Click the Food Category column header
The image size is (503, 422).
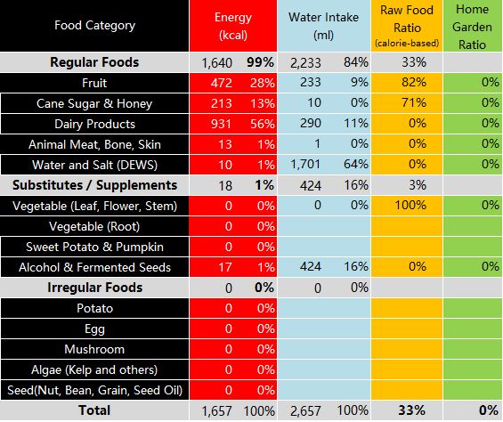(x=94, y=25)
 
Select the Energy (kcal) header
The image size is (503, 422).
(x=233, y=26)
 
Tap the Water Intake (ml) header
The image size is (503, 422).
(x=323, y=26)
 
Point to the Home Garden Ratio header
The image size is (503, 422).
(x=472, y=27)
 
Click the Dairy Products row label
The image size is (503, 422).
(x=94, y=124)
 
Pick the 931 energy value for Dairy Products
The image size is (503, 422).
(x=221, y=124)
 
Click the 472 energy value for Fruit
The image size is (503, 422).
(x=222, y=83)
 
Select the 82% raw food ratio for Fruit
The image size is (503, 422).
(x=414, y=83)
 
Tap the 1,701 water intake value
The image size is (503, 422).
(x=305, y=165)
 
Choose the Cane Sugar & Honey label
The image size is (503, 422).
(x=94, y=103)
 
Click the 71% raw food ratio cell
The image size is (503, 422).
(x=414, y=102)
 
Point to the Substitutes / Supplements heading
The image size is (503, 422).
(x=94, y=185)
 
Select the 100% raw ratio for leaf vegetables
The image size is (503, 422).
(x=410, y=205)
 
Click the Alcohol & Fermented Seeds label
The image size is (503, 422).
(x=94, y=267)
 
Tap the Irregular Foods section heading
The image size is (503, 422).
(x=94, y=288)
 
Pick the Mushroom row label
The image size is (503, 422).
(x=94, y=349)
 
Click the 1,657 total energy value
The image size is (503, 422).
(x=217, y=411)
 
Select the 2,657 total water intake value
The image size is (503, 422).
(x=305, y=411)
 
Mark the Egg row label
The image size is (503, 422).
(x=94, y=329)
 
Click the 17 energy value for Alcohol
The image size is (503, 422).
(x=225, y=267)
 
